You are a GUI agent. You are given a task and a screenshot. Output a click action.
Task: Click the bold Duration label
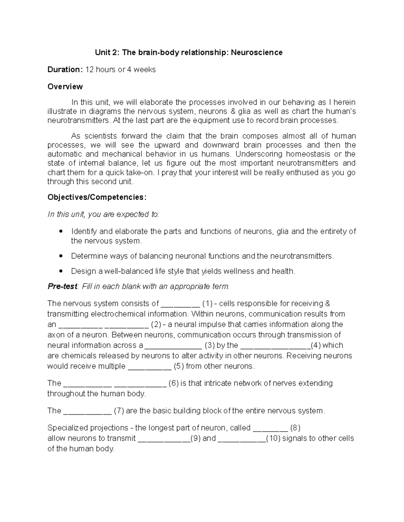point(65,70)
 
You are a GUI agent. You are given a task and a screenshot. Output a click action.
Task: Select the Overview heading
point(65,87)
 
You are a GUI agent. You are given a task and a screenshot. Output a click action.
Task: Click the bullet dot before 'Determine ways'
point(61,256)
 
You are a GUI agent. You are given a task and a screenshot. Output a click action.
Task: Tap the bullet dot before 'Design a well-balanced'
point(61,271)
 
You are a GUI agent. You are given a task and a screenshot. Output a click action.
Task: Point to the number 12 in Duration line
point(89,70)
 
